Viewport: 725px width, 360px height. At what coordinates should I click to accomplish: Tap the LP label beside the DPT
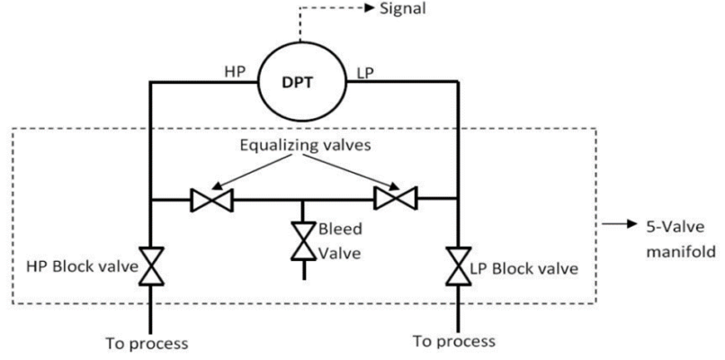click(365, 69)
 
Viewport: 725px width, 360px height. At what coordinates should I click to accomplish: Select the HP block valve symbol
click(151, 267)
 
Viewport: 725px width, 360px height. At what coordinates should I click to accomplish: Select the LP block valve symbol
click(459, 267)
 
